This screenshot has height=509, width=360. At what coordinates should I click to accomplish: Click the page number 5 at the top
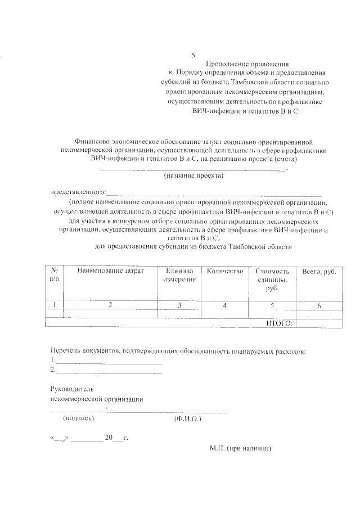(x=193, y=55)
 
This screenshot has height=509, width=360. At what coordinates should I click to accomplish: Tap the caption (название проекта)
(x=193, y=177)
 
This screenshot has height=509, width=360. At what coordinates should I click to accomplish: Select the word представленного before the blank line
(x=78, y=192)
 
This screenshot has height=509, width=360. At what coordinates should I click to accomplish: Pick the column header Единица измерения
(x=179, y=275)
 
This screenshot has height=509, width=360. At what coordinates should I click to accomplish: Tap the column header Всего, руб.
(x=319, y=272)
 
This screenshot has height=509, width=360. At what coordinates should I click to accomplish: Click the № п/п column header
(x=55, y=275)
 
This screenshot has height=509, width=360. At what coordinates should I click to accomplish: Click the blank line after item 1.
(x=109, y=360)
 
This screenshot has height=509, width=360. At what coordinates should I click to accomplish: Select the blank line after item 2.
(x=109, y=370)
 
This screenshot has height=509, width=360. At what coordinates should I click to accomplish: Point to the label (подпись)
(x=79, y=418)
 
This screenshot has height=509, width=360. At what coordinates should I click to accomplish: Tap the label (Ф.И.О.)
(x=188, y=419)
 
